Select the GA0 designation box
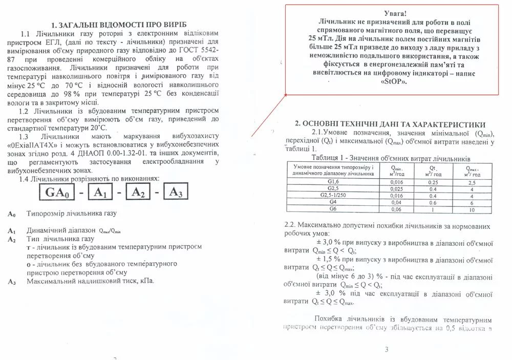pos(56,193)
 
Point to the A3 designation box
pos(175,193)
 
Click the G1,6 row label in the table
pos(333,182)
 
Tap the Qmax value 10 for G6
pos(471,209)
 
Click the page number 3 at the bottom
pos(387,350)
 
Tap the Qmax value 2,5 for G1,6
pos(471,182)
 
